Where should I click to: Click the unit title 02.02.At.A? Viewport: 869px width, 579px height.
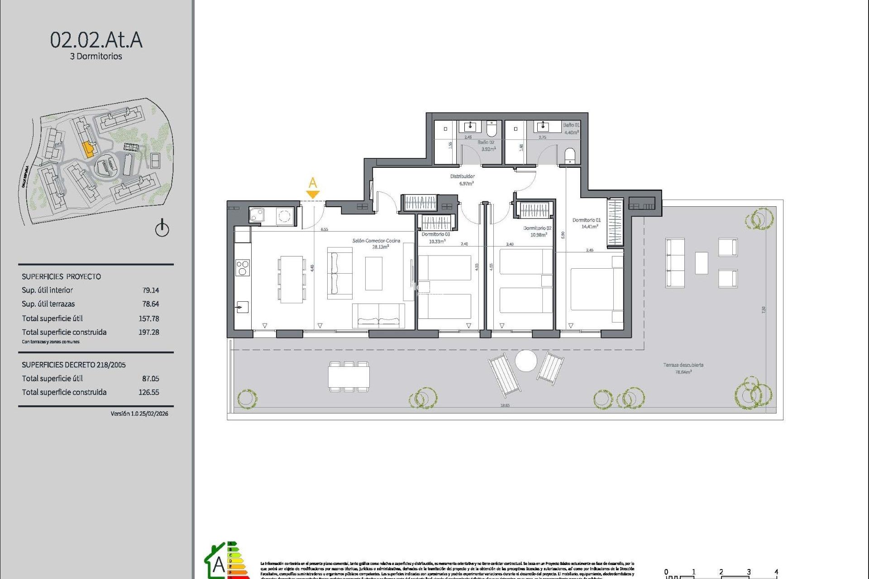coord(96,40)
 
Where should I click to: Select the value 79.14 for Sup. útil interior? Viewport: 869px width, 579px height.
coord(150,290)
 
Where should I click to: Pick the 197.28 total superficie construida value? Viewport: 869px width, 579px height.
coord(148,332)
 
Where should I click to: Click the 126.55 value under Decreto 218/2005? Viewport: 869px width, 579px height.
coord(148,392)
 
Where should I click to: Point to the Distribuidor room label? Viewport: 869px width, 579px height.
coord(463,176)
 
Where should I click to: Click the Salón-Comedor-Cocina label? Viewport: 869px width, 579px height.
coord(376,241)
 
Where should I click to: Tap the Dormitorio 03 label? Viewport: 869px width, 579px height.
coord(435,234)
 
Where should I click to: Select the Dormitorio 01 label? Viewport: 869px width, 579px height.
coord(586,220)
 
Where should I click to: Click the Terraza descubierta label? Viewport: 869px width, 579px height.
coord(683,365)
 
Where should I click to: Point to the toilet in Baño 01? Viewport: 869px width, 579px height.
coord(570,155)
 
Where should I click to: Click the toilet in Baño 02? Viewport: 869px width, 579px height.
coord(492,129)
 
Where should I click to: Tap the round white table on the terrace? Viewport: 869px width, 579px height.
coord(526,361)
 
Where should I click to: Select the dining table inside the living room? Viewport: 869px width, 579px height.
coord(291,279)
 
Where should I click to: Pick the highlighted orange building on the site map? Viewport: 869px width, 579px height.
coord(89,149)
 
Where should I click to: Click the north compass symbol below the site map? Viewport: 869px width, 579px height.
coord(162,228)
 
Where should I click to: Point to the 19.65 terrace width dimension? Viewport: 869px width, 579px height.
coord(505,406)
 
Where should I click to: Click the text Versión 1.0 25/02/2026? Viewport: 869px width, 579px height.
coord(139,413)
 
